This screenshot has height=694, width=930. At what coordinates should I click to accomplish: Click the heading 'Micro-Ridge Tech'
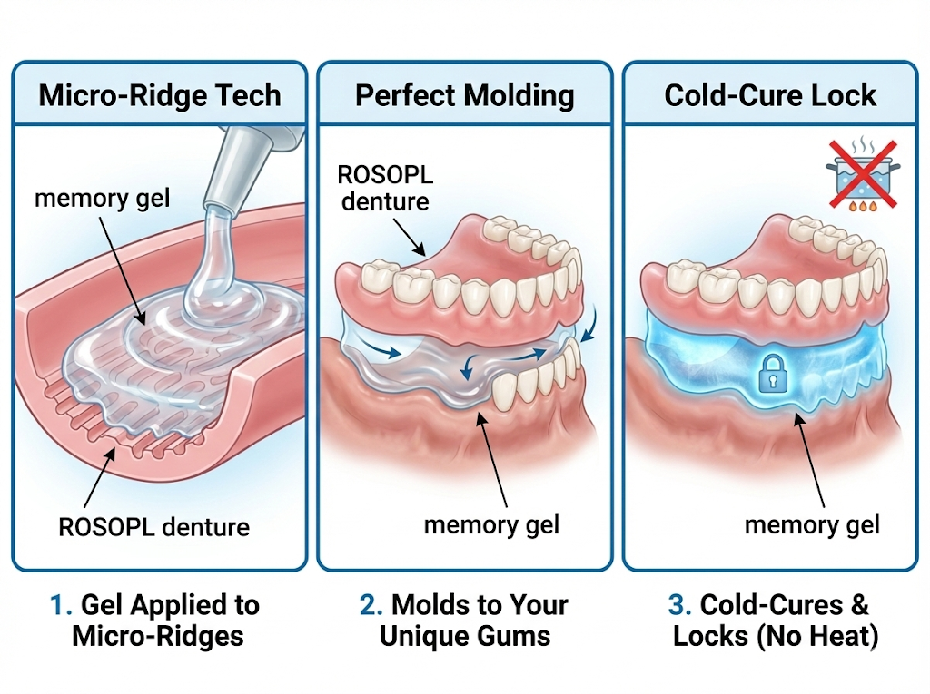pos(160,95)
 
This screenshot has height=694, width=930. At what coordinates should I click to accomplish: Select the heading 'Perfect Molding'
pos(464,95)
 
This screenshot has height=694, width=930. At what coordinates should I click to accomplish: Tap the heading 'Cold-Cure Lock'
pos(770,95)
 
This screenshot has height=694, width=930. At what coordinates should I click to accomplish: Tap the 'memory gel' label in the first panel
pos(102,198)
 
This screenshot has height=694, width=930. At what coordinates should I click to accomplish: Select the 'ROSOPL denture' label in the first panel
pos(153,526)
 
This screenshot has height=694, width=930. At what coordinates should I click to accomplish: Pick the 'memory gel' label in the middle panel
pos(491,523)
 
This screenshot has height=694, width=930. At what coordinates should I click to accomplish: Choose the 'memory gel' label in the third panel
pos(812,523)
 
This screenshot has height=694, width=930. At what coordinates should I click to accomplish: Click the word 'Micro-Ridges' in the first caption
pos(158,636)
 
